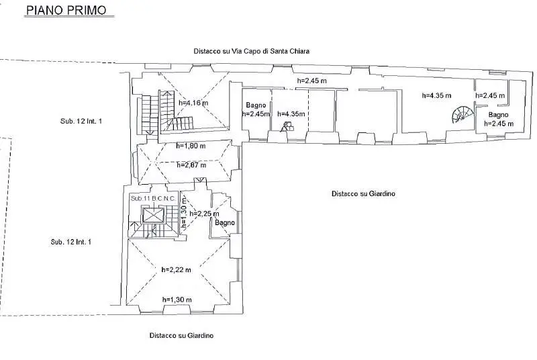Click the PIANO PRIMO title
(66, 9)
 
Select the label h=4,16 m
(193, 102)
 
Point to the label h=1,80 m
(191, 146)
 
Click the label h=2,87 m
(191, 165)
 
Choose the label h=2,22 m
(176, 269)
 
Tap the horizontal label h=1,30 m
(177, 300)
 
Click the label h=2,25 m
(204, 214)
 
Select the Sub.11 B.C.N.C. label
(153, 198)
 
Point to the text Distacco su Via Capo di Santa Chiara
(251, 51)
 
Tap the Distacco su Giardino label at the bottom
(181, 335)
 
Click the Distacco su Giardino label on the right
(363, 193)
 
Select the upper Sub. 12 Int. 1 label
(81, 121)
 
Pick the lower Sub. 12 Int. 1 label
(71, 242)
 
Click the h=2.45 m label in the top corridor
(311, 81)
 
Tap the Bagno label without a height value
(225, 222)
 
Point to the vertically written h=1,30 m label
(184, 213)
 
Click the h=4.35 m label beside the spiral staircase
(437, 95)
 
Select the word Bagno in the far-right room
(498, 115)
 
